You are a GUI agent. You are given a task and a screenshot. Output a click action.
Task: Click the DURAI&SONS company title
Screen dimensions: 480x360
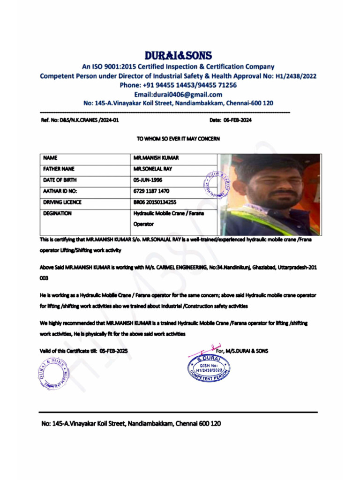pos(178,55)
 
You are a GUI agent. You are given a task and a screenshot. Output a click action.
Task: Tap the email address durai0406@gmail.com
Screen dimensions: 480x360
pos(178,94)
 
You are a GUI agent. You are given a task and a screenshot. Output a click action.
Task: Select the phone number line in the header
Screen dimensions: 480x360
pos(178,85)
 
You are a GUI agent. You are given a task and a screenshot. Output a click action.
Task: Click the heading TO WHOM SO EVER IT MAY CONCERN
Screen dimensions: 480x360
pos(178,139)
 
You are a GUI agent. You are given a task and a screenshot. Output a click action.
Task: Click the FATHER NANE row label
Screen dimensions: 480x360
pos(59,169)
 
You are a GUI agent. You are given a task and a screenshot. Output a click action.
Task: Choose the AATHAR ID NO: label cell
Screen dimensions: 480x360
pos(60,191)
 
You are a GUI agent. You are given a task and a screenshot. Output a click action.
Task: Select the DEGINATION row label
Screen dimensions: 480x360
pos(57,213)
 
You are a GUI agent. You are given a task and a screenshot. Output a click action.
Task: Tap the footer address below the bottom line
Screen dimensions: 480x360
pos(131,423)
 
